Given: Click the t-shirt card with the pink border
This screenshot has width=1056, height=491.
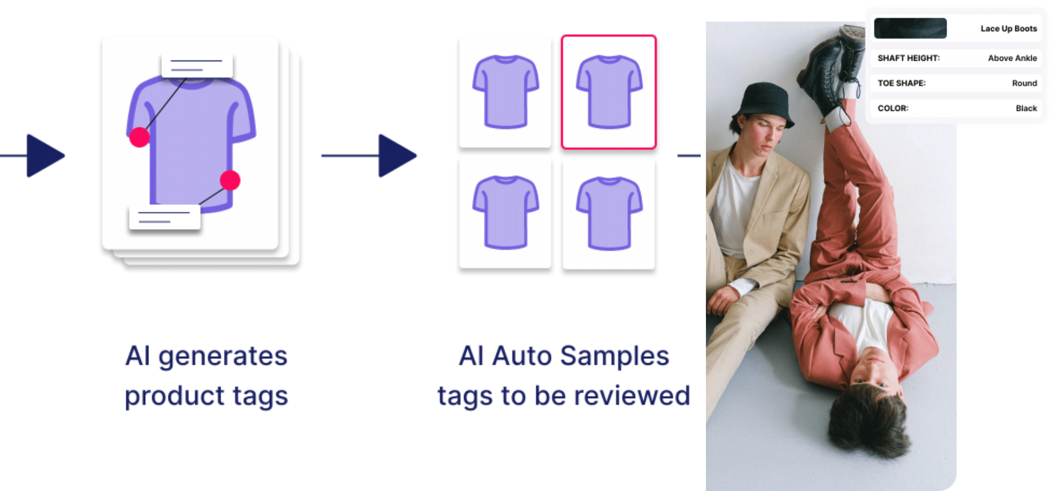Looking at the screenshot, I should tap(609, 92).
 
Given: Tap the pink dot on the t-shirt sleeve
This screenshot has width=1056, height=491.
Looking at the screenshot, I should tap(139, 137).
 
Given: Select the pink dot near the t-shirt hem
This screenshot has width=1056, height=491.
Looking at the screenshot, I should tap(230, 181).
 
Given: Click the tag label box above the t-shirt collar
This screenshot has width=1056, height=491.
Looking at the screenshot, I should tap(197, 65).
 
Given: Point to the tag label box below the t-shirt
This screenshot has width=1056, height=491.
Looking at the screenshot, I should tap(165, 217).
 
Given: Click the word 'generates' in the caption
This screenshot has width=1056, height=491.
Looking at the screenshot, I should tap(223, 357).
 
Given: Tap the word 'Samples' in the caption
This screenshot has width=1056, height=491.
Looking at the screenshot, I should tap(615, 356).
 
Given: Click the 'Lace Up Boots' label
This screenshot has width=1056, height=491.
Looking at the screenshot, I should tap(1008, 29).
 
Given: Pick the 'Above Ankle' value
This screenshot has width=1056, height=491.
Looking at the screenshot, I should tap(1012, 58).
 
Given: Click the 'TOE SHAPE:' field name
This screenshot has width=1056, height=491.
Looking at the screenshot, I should tap(901, 83).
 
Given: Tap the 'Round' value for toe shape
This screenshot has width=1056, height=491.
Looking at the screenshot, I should tap(1024, 83).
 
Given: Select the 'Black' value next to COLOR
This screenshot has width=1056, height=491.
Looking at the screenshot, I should tap(1026, 108).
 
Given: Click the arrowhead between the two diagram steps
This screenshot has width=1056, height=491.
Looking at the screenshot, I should tap(396, 156).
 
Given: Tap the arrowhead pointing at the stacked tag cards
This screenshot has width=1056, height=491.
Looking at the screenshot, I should tap(44, 156).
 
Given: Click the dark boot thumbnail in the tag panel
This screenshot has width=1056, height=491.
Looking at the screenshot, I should tap(910, 29).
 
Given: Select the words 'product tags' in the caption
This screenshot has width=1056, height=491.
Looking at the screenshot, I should tap(206, 396).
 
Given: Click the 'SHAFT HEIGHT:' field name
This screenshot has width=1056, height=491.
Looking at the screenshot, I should tap(908, 58).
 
